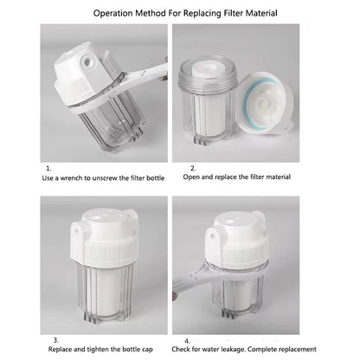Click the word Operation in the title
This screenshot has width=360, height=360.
112,13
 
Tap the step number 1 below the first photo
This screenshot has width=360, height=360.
48,168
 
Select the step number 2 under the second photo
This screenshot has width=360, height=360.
193,168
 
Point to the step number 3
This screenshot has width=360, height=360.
56,340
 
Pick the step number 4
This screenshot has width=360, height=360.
187,341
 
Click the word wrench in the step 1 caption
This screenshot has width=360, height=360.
71,178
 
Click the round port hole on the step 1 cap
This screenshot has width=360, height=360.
87,61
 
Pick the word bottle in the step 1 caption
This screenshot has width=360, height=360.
156,178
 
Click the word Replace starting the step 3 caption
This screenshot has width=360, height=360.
60,350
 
